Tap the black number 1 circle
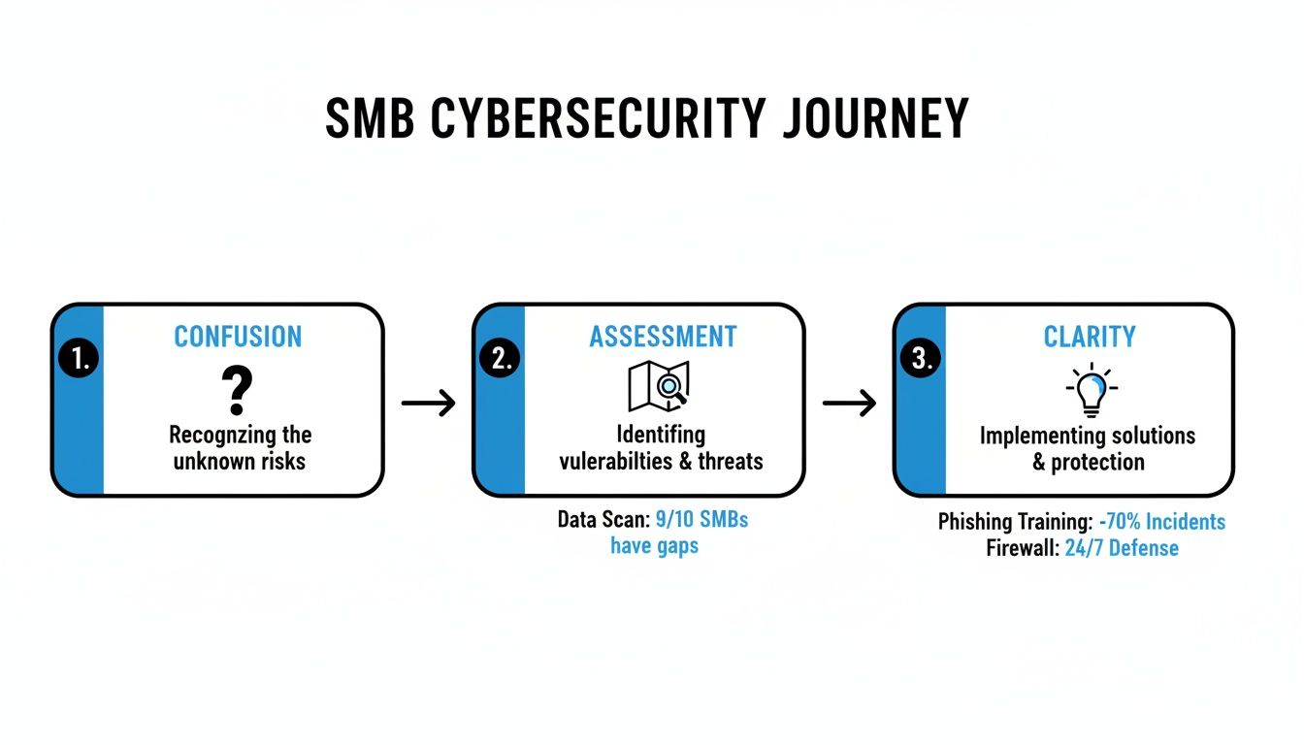tap(79, 359)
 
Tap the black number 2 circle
tap(500, 359)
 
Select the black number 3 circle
tap(921, 359)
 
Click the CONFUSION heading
tap(238, 337)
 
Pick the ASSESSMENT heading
tap(663, 337)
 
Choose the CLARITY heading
tap(1089, 337)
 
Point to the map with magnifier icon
tap(659, 386)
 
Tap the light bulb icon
tap(1092, 388)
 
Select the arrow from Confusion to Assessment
tap(428, 403)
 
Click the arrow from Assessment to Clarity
tap(849, 403)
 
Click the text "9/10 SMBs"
tap(701, 520)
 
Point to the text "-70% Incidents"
tap(1161, 522)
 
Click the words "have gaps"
tap(654, 546)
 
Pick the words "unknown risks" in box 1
tap(240, 461)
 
